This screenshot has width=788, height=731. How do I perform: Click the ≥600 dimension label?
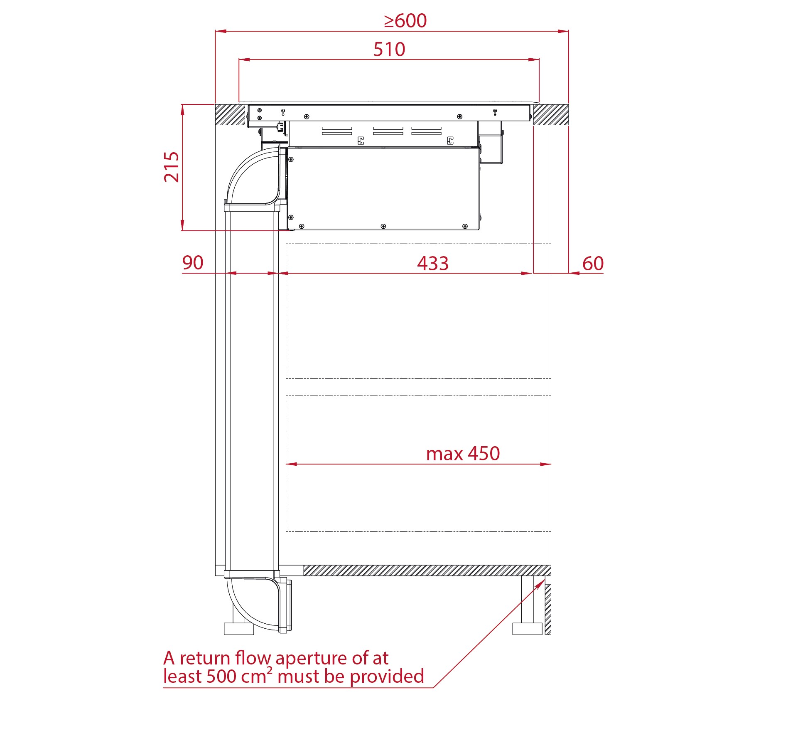[x=405, y=21]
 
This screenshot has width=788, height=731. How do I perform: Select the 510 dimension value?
[x=389, y=49]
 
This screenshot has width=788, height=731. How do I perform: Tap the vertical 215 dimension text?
[x=172, y=167]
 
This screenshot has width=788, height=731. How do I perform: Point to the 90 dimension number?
[x=193, y=263]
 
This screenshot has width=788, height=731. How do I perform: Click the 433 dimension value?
[x=433, y=264]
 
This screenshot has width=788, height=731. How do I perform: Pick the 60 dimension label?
[x=593, y=264]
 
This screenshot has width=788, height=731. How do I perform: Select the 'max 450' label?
[x=463, y=454]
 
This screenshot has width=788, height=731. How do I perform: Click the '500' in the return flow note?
[x=221, y=677]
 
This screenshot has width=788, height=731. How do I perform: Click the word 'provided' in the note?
[x=387, y=677]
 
